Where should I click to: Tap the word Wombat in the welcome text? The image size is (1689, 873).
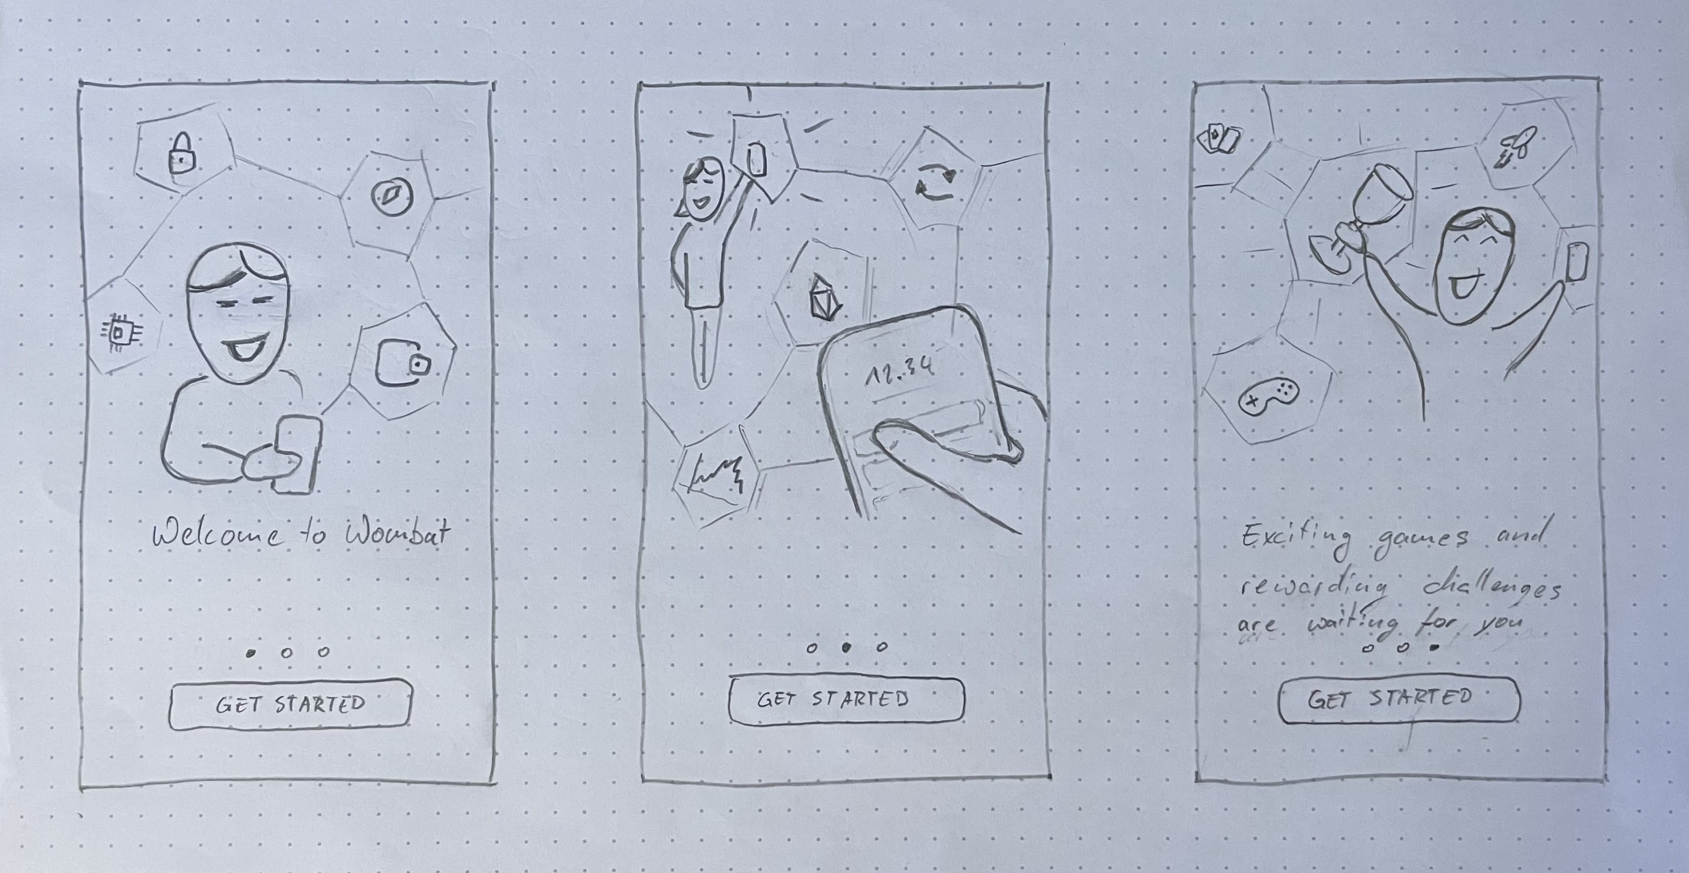(397, 534)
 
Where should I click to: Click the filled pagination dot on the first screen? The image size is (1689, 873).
(250, 653)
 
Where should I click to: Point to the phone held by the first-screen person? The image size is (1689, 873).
(297, 454)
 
